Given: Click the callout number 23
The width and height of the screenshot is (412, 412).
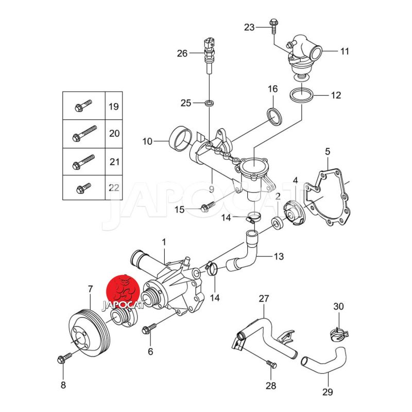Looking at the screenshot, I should (249, 27).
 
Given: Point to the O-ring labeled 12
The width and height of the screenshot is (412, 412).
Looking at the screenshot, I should (300, 96).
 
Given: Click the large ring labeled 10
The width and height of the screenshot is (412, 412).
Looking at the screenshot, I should (180, 139).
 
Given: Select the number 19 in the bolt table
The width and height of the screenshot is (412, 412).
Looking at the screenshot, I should (114, 107).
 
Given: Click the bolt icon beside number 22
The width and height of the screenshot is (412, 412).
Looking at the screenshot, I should (83, 187).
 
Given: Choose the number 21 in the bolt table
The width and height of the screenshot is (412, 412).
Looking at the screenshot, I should (114, 162).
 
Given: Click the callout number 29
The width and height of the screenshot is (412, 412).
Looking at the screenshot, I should (328, 392).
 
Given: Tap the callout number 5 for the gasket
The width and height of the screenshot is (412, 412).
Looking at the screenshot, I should (327, 151).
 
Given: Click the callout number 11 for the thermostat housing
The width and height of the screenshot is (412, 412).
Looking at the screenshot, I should (344, 51).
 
